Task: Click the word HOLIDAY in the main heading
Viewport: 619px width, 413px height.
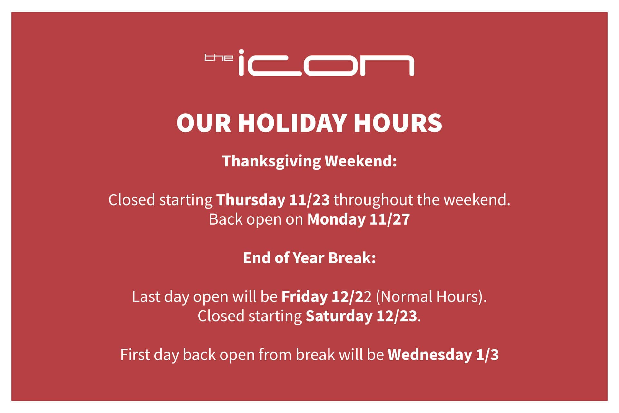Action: tap(292, 123)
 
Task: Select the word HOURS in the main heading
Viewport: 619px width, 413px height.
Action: tap(398, 123)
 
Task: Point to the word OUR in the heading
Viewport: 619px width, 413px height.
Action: tap(204, 123)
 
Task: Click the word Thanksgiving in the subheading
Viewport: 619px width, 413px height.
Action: tap(271, 161)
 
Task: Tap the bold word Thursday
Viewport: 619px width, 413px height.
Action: tap(251, 200)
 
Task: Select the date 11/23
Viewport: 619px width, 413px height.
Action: tap(309, 200)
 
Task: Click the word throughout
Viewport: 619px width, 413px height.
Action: tap(373, 200)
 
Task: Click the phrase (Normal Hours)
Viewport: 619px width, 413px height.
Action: tap(431, 297)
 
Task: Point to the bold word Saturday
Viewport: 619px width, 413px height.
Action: tap(339, 316)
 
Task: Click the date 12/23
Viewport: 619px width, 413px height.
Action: tap(397, 316)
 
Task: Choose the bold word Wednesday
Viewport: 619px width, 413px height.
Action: tap(430, 355)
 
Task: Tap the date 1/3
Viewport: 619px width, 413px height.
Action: tap(487, 355)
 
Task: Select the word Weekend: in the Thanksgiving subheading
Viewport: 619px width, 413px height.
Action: tap(361, 161)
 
